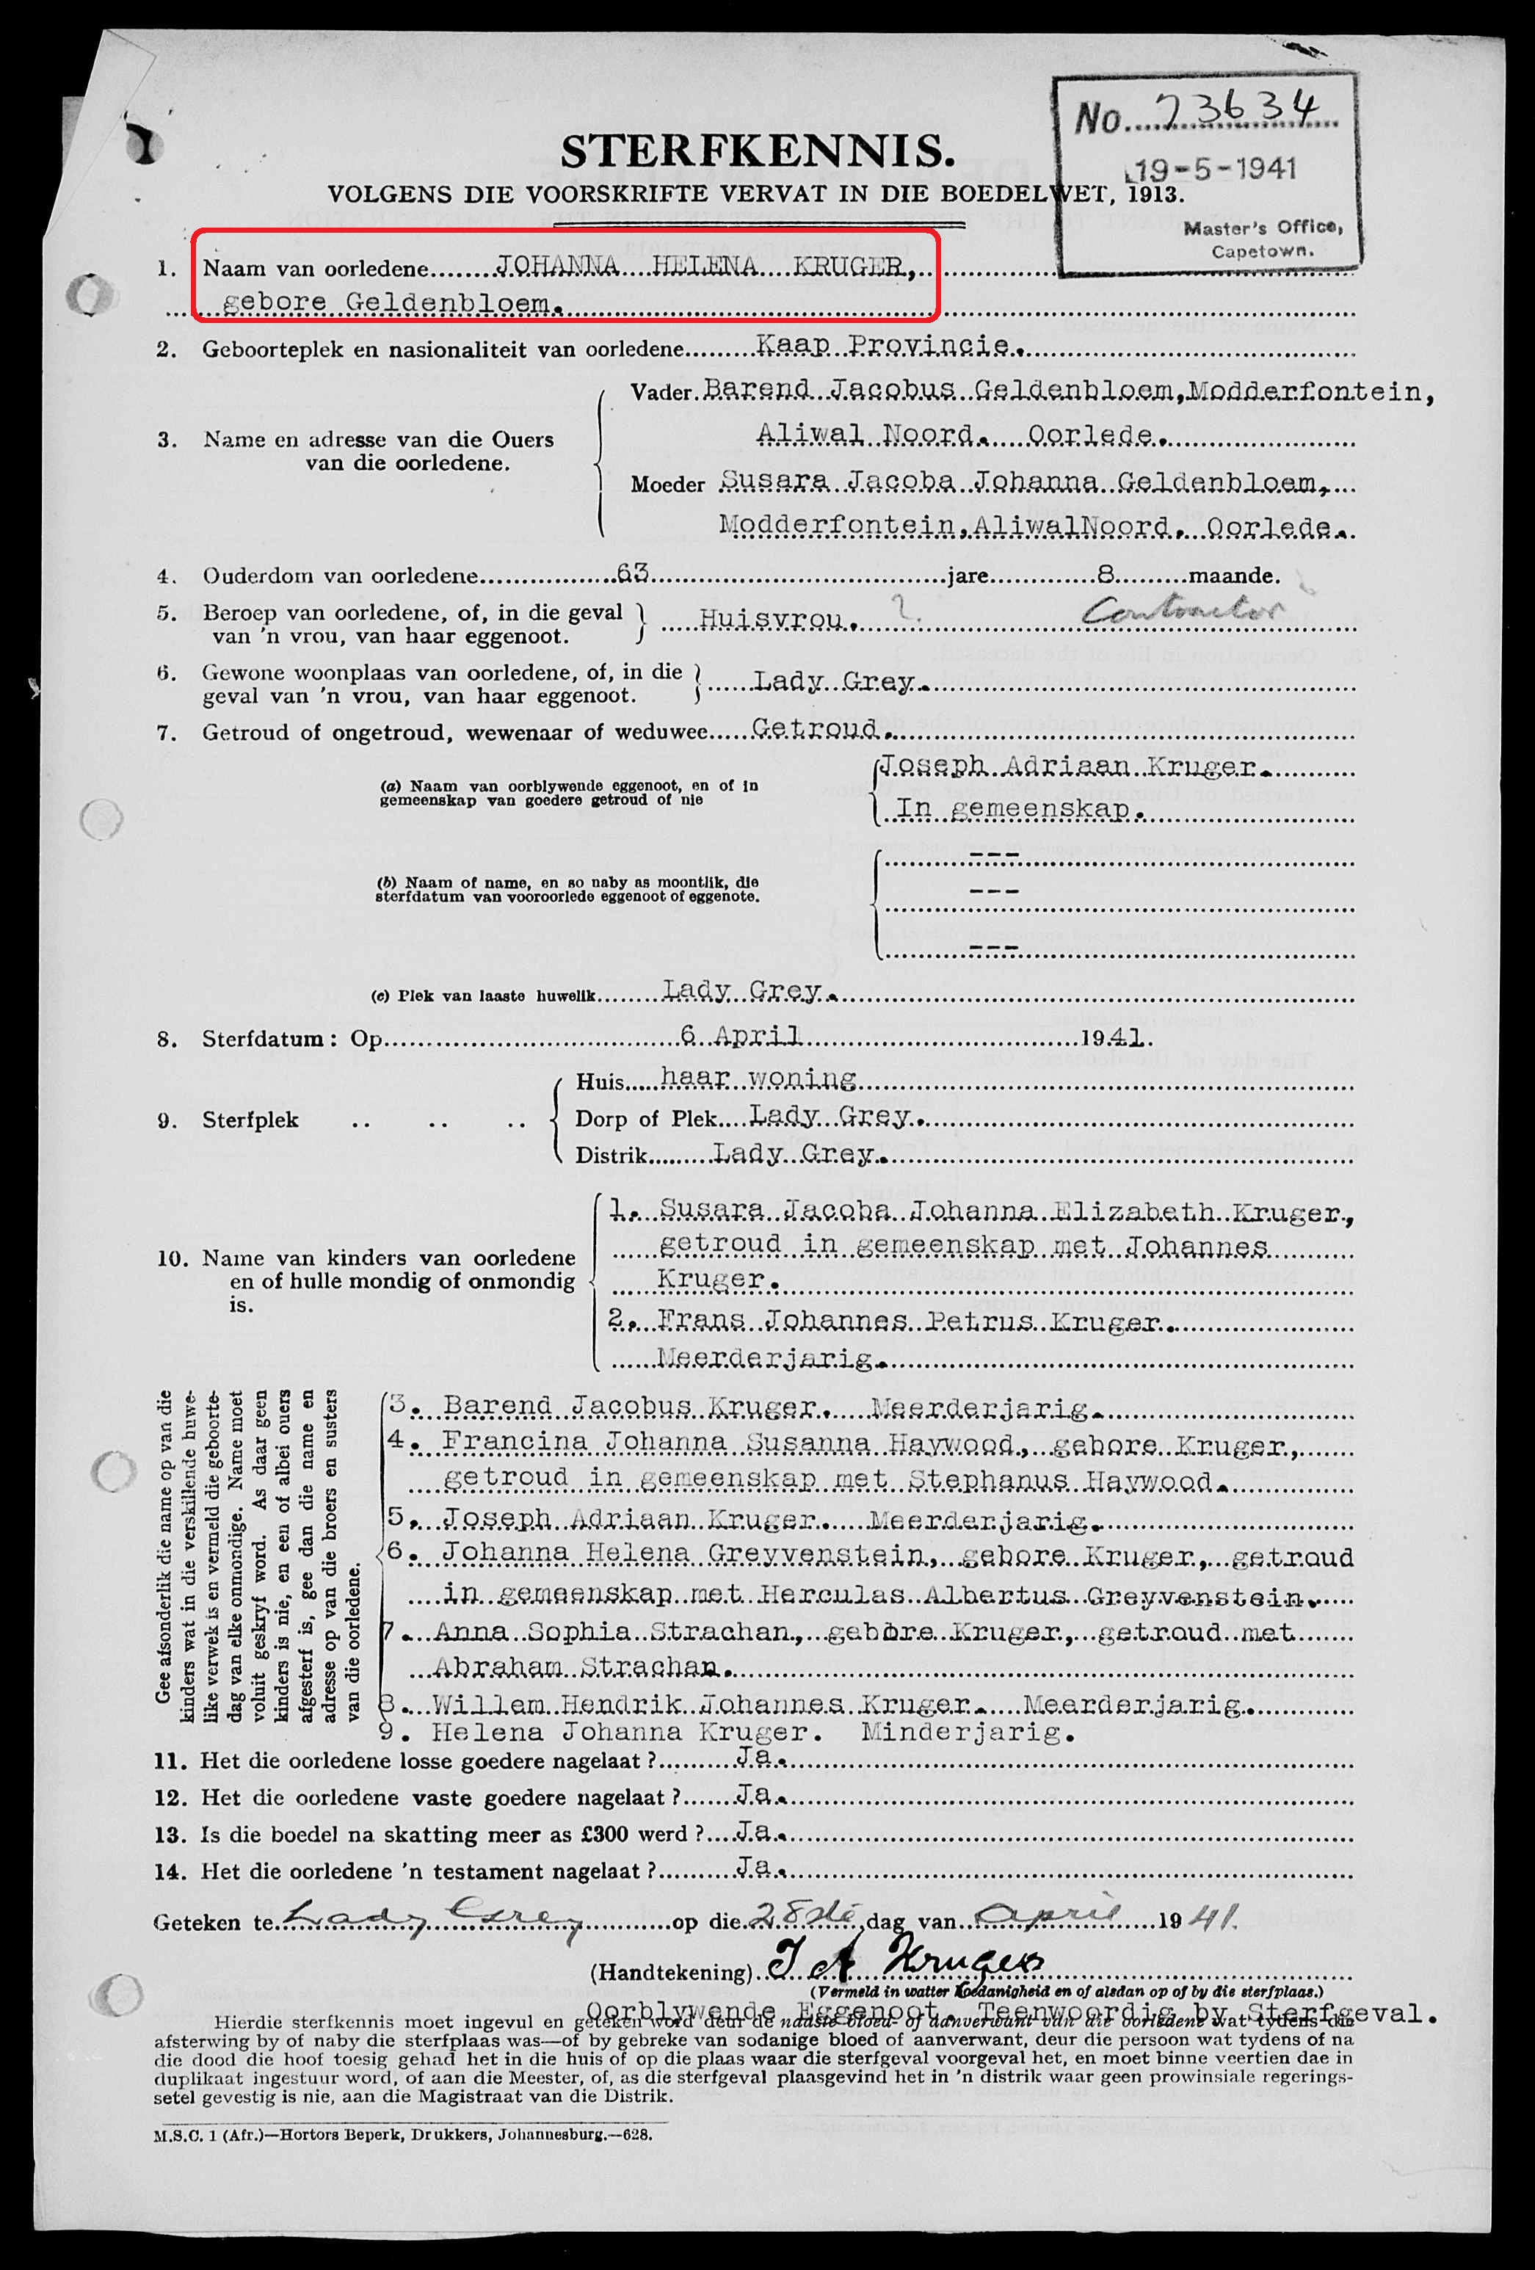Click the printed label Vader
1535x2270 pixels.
[661, 393]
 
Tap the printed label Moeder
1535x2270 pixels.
[667, 485]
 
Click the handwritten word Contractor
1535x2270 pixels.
[1183, 612]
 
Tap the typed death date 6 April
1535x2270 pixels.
[741, 1035]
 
